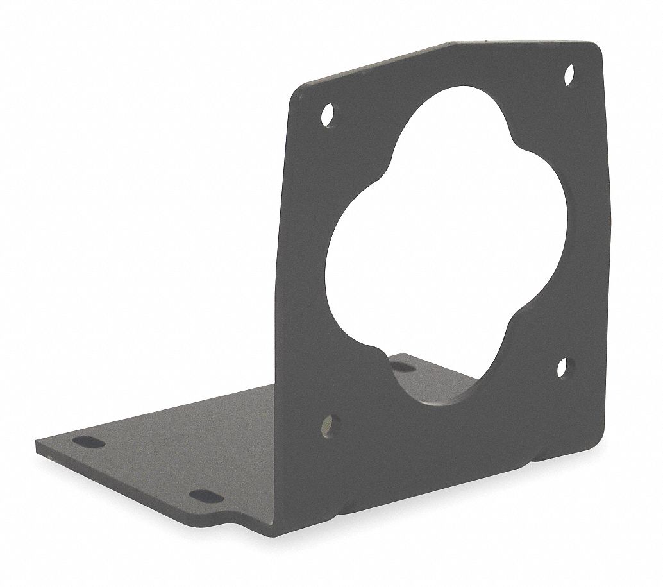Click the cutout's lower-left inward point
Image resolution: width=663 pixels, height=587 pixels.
[375, 347]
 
